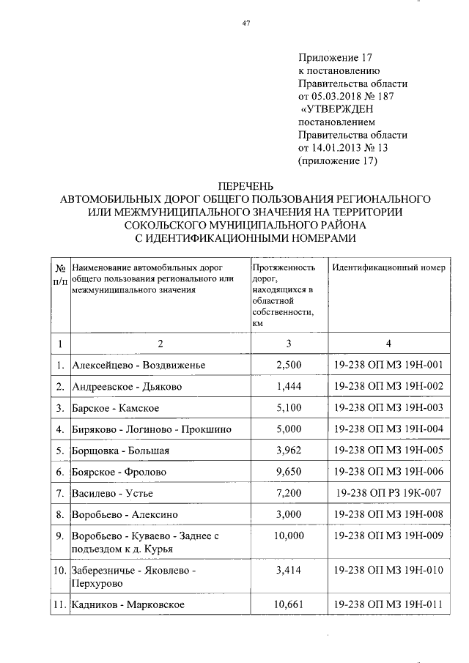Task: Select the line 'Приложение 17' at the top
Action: pyautogui.click(x=335, y=57)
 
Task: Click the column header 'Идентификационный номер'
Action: pyautogui.click(x=388, y=267)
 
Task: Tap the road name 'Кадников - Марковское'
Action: pyautogui.click(x=128, y=604)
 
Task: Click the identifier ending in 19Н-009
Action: pyautogui.click(x=388, y=536)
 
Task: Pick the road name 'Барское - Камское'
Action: pyautogui.click(x=116, y=407)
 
